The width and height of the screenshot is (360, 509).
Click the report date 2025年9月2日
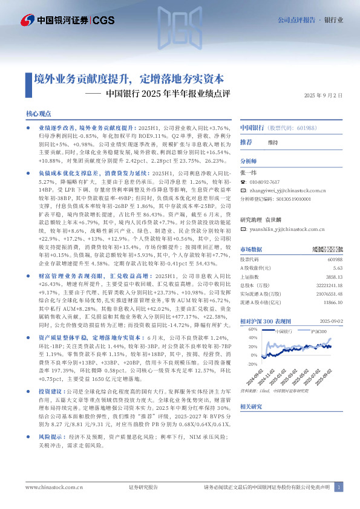point(323,96)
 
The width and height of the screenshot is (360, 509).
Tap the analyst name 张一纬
point(249,172)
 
